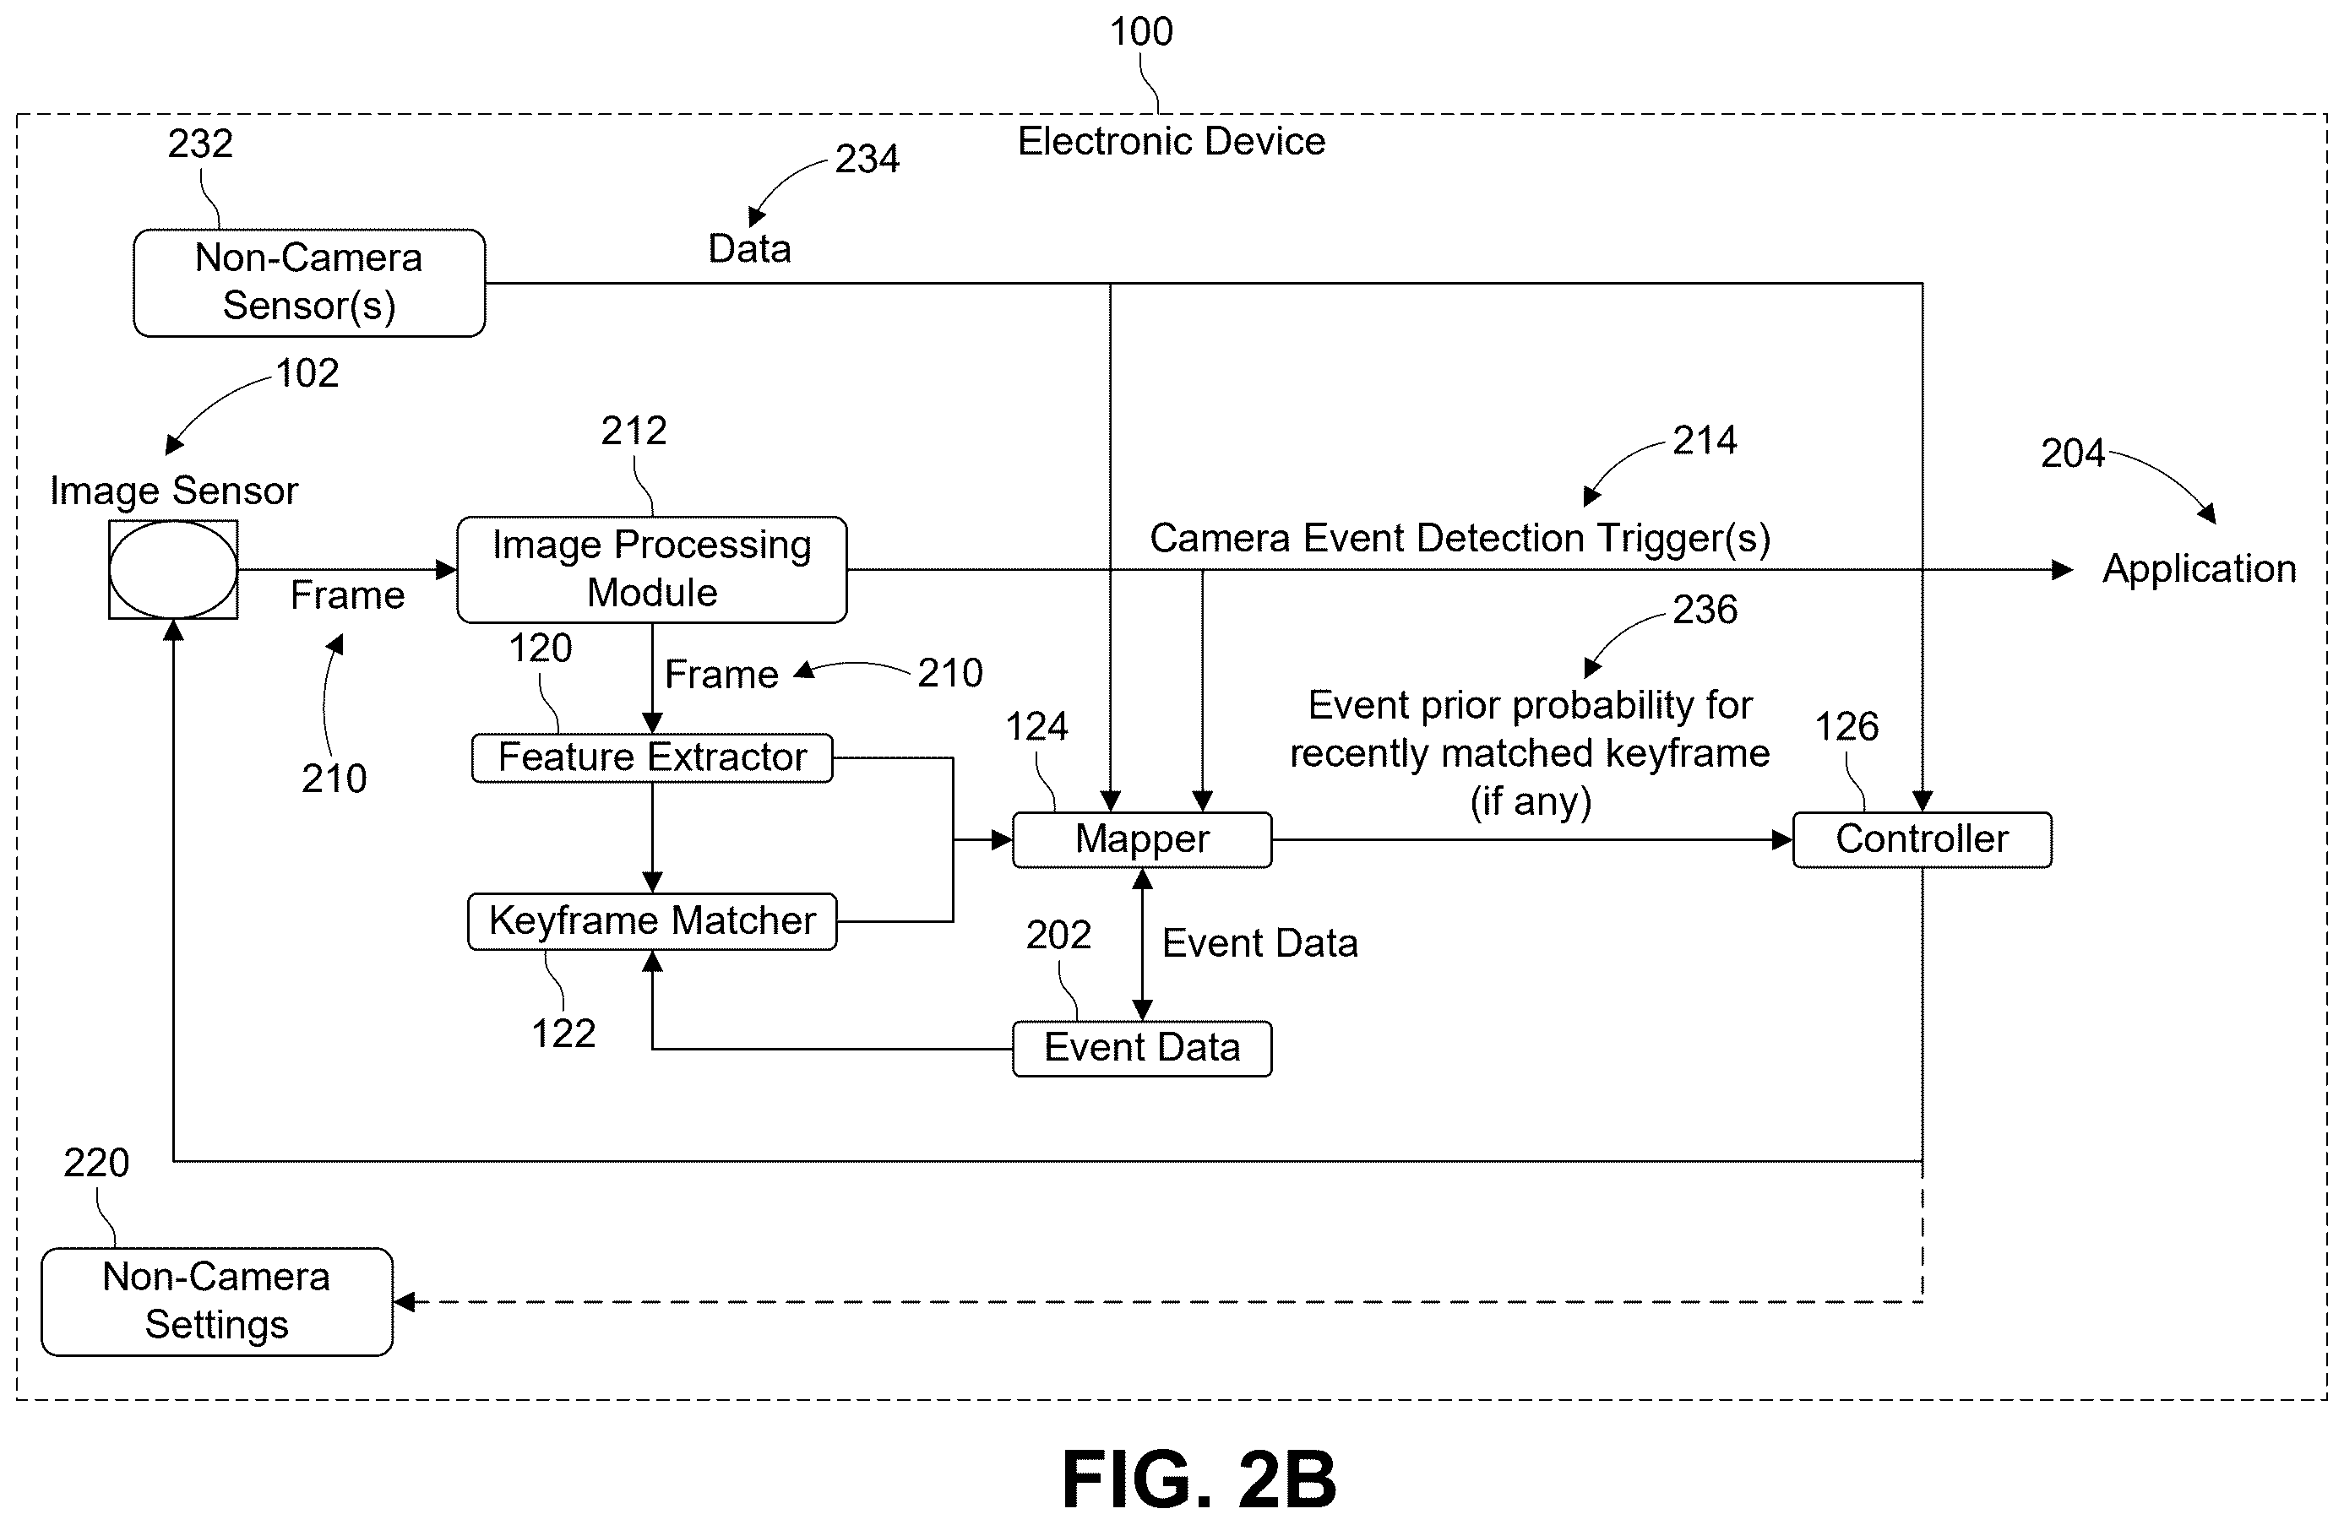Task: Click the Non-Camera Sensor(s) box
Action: click(309, 283)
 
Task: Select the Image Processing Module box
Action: click(652, 569)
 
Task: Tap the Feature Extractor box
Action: click(652, 758)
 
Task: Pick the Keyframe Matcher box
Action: click(652, 921)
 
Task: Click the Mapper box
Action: click(1143, 840)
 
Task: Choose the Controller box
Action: click(1923, 840)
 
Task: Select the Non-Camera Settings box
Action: click(217, 1301)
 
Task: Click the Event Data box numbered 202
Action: click(1143, 1049)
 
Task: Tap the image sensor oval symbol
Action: click(173, 569)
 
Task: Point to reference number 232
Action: click(200, 144)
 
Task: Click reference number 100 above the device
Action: click(1141, 31)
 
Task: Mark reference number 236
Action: click(1705, 610)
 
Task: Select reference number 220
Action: click(96, 1163)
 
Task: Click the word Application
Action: click(2200, 570)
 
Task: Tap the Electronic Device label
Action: click(1171, 142)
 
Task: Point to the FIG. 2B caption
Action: click(1199, 1479)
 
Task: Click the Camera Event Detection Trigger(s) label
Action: click(1460, 539)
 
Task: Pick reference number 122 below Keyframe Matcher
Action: click(563, 1034)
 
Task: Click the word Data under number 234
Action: click(749, 249)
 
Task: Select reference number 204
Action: click(2072, 453)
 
